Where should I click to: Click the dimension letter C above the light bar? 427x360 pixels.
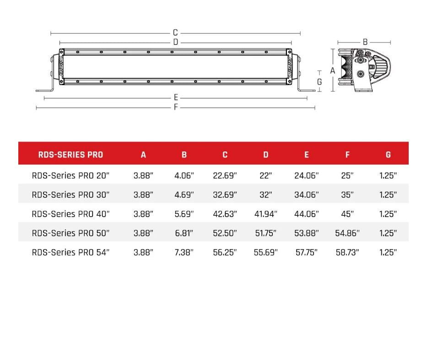[175, 33]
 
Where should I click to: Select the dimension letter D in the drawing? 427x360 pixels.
[175, 42]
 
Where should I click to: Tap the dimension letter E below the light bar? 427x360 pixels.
[176, 98]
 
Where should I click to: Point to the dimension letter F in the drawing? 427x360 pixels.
[176, 107]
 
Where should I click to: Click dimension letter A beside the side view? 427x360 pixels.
[333, 71]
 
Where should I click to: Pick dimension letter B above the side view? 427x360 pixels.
[365, 42]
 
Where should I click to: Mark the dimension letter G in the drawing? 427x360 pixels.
[319, 82]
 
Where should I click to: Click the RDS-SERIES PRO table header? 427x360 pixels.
[70, 155]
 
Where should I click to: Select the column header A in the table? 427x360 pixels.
[143, 155]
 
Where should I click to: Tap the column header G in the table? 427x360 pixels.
[388, 155]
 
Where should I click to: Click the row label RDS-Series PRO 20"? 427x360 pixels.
[71, 175]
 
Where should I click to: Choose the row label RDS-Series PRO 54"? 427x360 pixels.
[71, 252]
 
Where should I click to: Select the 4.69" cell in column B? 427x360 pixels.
[184, 194]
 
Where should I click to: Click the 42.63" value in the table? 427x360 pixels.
[225, 214]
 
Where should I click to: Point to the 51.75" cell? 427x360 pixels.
[265, 233]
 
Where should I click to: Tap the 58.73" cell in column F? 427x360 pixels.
[347, 252]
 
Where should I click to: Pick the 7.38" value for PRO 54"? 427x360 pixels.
[184, 252]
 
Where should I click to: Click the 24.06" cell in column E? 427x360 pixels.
[306, 175]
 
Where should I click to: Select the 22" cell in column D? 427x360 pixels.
[265, 175]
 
